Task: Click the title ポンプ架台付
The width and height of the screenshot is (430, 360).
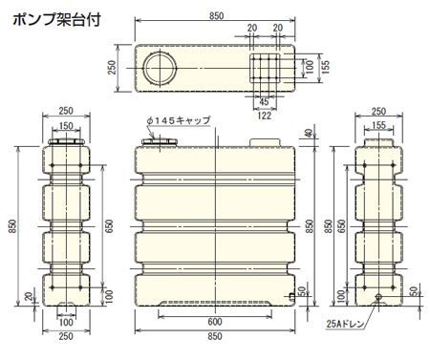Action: click(x=56, y=20)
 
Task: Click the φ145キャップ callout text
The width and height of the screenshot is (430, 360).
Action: click(x=179, y=120)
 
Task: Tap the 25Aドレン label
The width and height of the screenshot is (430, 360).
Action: click(x=345, y=324)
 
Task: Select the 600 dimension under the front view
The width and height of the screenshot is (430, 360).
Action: click(x=215, y=322)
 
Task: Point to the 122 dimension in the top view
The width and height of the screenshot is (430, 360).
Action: click(x=265, y=115)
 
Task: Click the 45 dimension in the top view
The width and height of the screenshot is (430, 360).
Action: click(x=264, y=102)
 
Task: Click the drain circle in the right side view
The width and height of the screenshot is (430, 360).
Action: click(x=378, y=297)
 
